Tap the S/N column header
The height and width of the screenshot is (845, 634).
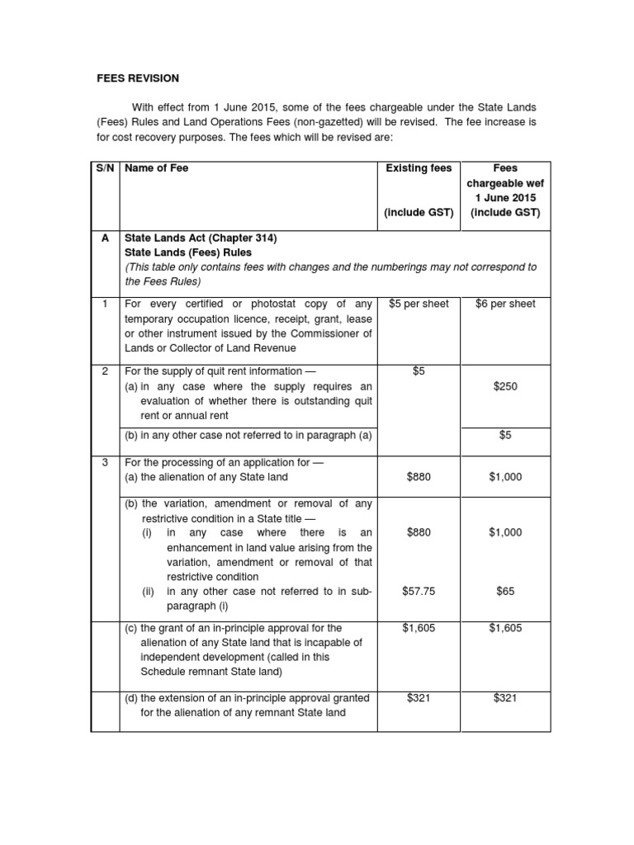pos(105,168)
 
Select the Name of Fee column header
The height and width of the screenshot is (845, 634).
pos(157,168)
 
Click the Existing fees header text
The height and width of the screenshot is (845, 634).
pos(419,168)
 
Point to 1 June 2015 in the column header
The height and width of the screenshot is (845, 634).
pos(505,198)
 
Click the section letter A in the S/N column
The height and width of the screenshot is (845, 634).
pos(105,238)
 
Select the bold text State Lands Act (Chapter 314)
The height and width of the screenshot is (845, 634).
pos(201,238)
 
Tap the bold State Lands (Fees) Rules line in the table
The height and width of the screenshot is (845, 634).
pos(188,253)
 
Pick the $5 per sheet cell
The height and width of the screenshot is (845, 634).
pos(419,304)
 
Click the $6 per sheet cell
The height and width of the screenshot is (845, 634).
pos(505,304)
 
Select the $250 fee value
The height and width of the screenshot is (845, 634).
pos(505,386)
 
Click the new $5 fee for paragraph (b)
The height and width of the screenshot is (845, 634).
pos(505,436)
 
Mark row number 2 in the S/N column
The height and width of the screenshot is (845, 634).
pos(105,371)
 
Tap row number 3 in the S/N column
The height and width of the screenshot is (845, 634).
pos(105,462)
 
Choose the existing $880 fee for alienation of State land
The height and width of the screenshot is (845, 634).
pos(419,477)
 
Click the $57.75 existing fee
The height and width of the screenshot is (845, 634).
pos(419,591)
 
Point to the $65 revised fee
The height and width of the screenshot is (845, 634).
pos(505,591)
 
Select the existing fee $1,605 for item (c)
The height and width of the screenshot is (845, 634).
pos(419,629)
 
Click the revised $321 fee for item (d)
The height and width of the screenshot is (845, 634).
pos(505,698)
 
